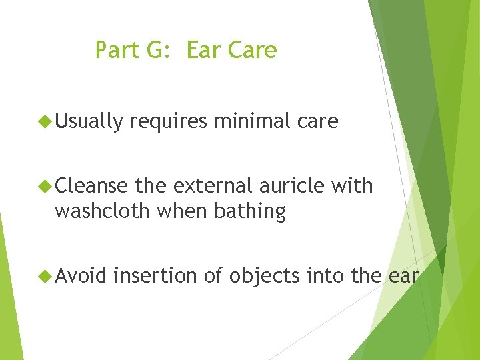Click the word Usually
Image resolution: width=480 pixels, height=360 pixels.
click(x=89, y=122)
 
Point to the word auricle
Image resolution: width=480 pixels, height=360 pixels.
click(x=291, y=186)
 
